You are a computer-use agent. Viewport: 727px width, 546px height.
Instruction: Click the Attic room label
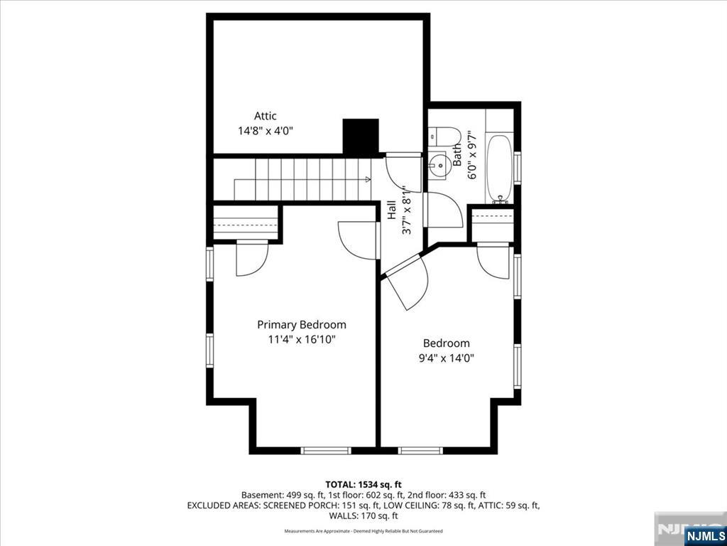(x=266, y=116)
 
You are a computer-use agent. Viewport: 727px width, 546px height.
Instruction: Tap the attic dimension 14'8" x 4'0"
(x=266, y=131)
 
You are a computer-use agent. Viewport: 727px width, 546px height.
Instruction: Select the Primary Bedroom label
(x=301, y=325)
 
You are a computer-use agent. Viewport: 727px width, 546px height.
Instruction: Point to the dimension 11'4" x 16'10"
(x=301, y=340)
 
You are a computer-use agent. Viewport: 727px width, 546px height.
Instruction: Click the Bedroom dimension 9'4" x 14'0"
(x=447, y=358)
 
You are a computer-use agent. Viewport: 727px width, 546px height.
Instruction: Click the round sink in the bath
(x=437, y=164)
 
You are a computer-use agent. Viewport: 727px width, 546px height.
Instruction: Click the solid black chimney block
(x=361, y=136)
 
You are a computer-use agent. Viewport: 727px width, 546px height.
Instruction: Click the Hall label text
(x=392, y=210)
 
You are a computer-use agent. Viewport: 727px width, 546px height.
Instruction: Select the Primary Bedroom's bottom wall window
(x=325, y=450)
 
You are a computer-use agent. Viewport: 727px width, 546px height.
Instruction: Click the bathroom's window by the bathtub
(x=518, y=168)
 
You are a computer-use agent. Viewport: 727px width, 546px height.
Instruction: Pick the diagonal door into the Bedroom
(x=405, y=281)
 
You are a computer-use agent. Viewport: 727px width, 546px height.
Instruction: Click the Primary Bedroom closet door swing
(x=252, y=258)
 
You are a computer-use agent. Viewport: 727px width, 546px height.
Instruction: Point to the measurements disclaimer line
(x=363, y=530)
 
